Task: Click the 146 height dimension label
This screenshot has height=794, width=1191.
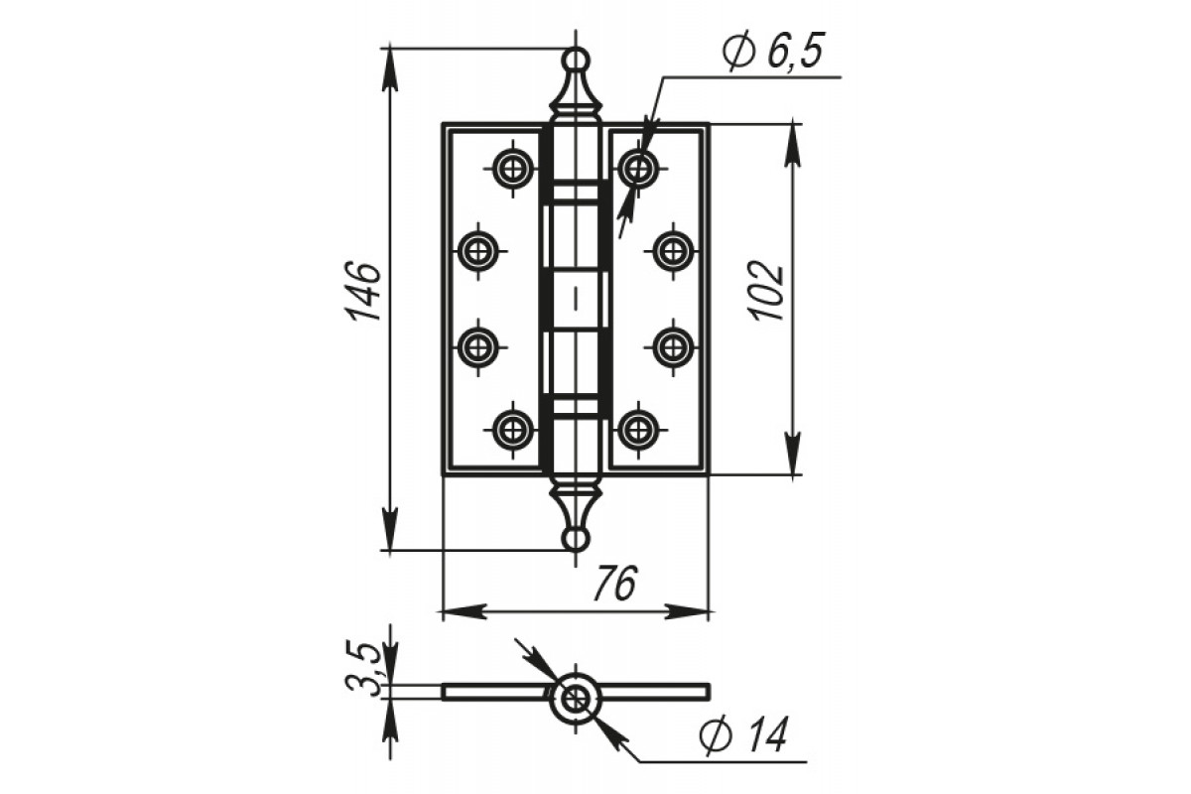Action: [363, 291]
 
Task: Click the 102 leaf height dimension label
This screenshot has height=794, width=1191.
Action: [768, 291]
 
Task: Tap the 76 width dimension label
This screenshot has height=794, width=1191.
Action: [614, 584]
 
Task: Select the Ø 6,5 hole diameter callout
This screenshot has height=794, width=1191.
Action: [773, 51]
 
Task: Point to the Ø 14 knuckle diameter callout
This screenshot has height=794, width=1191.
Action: [743, 735]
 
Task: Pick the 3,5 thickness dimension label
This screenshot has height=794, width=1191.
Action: [363, 669]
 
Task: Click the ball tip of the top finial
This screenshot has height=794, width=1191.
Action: [576, 60]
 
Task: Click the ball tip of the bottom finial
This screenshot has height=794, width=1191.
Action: [576, 540]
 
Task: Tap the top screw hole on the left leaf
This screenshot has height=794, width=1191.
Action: [512, 169]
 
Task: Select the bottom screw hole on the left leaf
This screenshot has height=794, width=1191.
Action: [512, 430]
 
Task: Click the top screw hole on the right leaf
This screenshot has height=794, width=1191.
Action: [638, 169]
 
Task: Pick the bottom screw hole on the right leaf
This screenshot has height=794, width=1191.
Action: [638, 430]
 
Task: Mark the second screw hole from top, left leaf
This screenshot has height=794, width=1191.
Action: [478, 251]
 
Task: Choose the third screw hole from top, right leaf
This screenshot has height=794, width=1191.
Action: [674, 347]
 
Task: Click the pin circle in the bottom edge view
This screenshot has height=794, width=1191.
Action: [576, 698]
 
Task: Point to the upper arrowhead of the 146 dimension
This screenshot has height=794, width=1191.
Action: [390, 69]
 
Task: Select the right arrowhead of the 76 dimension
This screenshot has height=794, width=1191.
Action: [688, 611]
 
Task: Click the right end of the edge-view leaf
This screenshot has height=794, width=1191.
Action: [709, 692]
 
